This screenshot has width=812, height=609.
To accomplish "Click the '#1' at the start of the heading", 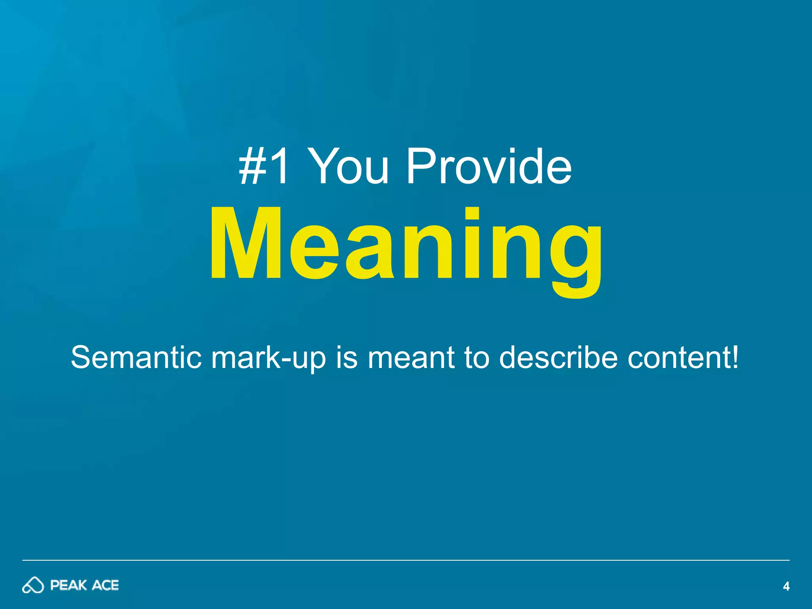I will click(263, 167).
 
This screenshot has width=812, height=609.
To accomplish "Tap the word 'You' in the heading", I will click(348, 167).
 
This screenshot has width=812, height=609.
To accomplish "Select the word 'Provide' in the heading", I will click(489, 167).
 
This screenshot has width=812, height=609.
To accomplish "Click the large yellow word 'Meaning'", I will click(406, 246).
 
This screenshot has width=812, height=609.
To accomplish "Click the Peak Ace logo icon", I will click(33, 585).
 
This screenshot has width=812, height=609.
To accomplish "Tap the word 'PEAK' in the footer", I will click(69, 585).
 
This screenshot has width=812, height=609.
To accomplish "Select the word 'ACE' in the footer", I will click(105, 585).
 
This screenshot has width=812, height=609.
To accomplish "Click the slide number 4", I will click(786, 586).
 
